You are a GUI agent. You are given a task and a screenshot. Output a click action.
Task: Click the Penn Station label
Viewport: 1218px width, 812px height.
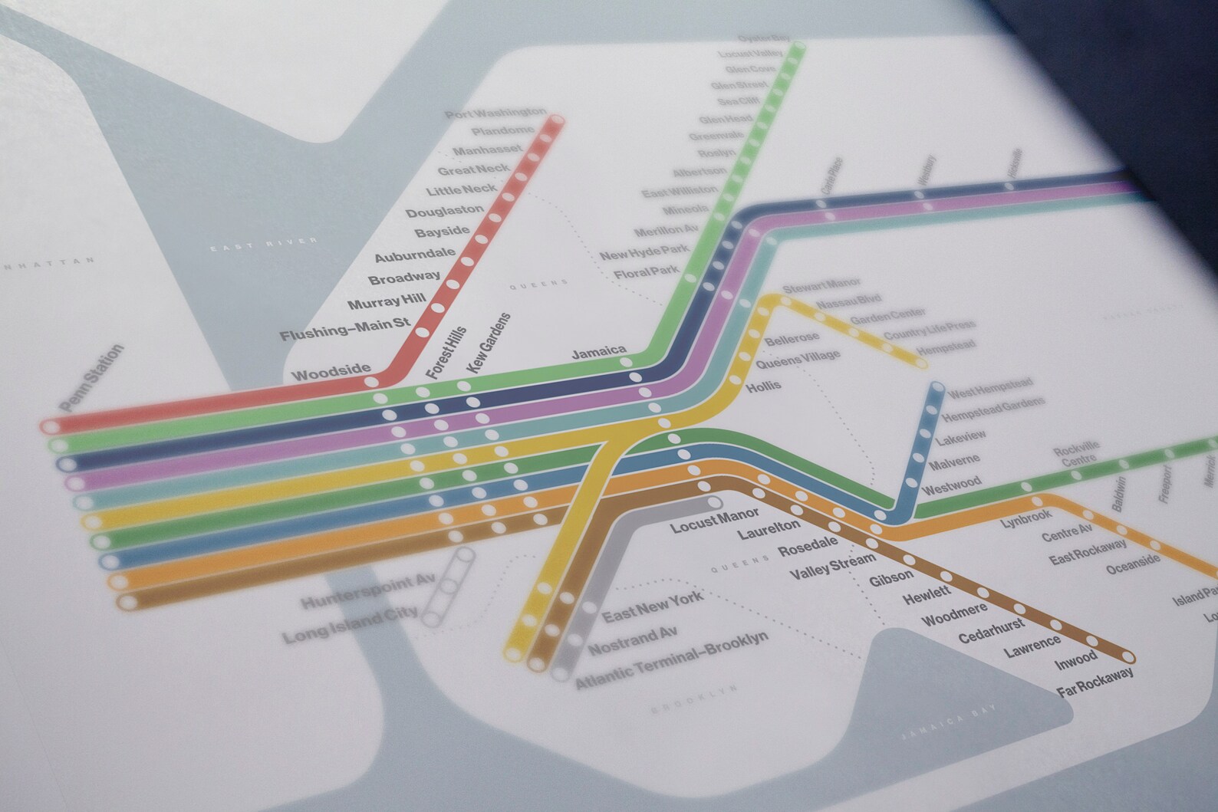[91, 378]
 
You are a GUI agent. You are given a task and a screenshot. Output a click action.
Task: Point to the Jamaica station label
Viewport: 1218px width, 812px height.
[598, 352]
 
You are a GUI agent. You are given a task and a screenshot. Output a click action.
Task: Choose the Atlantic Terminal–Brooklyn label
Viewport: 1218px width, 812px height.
[672, 661]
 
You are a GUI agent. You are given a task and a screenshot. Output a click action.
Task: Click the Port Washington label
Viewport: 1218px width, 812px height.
[495, 113]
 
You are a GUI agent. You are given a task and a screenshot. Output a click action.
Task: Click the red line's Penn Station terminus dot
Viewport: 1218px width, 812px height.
[51, 426]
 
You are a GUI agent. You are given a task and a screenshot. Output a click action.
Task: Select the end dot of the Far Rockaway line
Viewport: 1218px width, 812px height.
[1127, 656]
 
